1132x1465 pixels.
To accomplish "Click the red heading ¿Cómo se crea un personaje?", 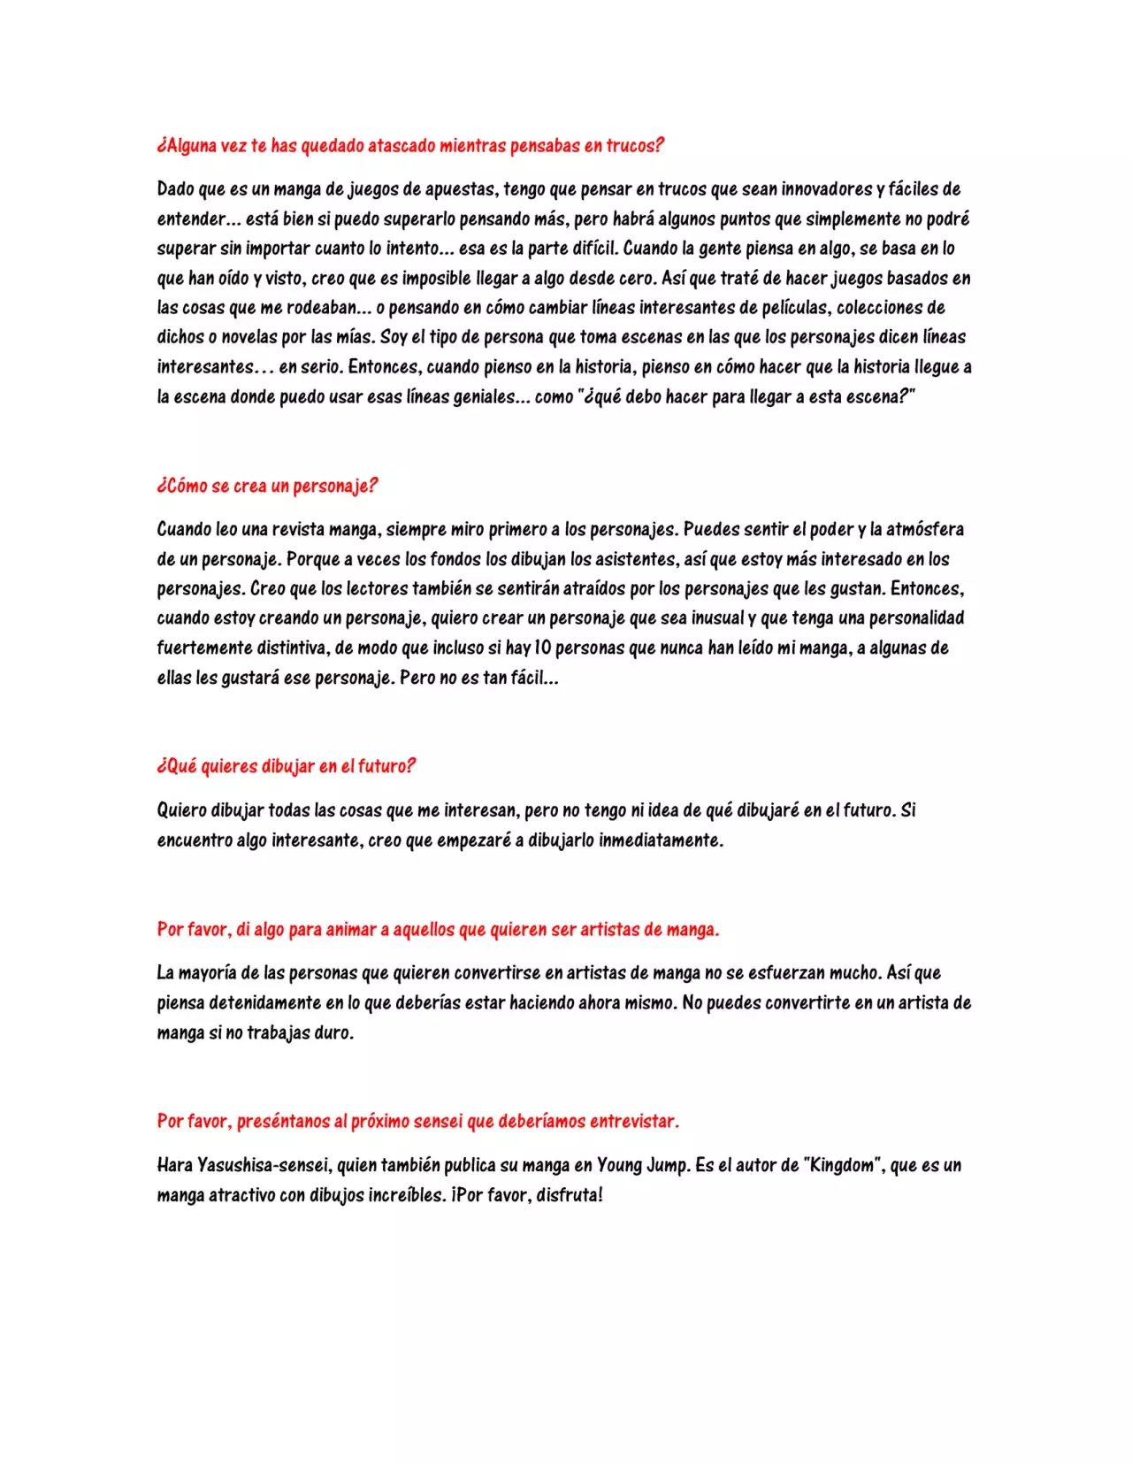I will coord(267,486).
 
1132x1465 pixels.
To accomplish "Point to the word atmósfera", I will coord(924,530).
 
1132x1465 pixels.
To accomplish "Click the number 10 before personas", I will coord(542,648).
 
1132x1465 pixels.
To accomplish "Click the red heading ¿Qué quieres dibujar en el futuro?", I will coord(286,766).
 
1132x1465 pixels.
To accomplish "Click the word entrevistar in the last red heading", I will coord(633,1122).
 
